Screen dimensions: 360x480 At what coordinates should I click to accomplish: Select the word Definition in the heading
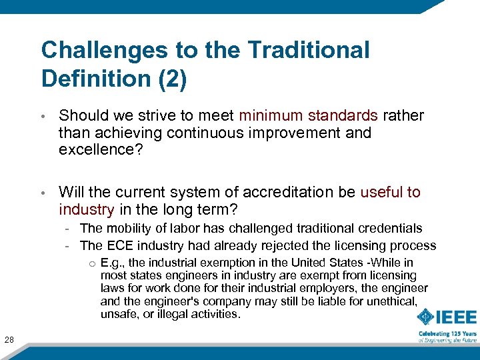click(x=95, y=79)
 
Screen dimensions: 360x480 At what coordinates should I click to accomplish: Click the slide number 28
click(x=9, y=341)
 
